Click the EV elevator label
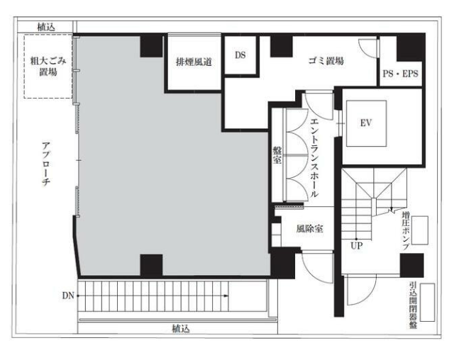tap(366, 123)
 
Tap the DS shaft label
tap(240, 55)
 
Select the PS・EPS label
tap(400, 74)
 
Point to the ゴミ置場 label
tap(326, 61)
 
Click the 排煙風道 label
tap(194, 62)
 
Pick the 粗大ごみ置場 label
tap(48, 67)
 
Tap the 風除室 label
tap(310, 228)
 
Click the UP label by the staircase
tap(357, 246)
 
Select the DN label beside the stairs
tap(68, 296)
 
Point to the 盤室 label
tap(277, 155)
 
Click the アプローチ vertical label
tap(46, 164)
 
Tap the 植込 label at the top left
tap(46, 27)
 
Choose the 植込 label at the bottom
tap(181, 329)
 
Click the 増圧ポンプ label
tap(406, 231)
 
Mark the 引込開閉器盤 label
tap(413, 305)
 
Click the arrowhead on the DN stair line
tap(226, 296)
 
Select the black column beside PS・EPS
tap(411, 47)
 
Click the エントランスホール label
tap(314, 158)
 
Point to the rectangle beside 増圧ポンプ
tap(420, 230)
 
